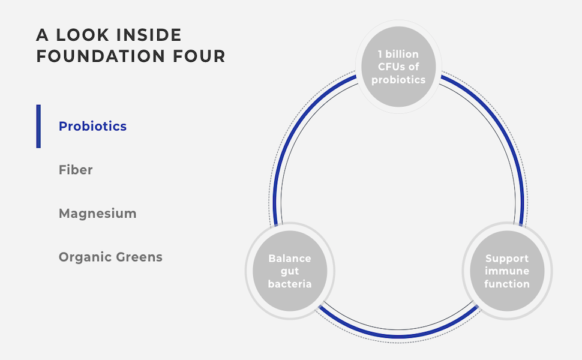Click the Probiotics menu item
[x=92, y=127]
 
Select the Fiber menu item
[x=76, y=170]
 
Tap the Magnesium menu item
[x=97, y=214]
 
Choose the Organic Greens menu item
[x=110, y=257]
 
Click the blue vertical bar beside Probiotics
[x=38, y=127]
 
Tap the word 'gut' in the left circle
[x=290, y=271]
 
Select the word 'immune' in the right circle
[x=507, y=271]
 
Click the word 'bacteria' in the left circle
[x=290, y=284]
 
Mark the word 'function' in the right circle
[x=507, y=284]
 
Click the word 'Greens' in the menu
[x=140, y=257]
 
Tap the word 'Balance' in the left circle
[x=290, y=259]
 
